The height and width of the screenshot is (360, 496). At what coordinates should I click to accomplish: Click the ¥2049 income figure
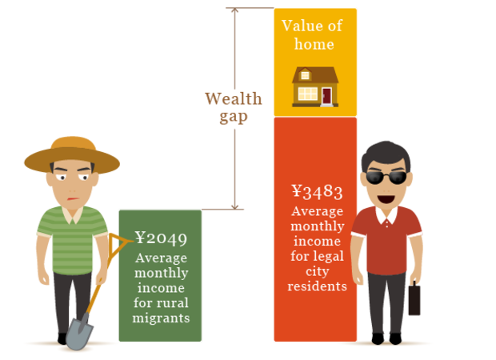[161, 238]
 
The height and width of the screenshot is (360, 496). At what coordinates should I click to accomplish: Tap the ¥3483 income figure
[317, 191]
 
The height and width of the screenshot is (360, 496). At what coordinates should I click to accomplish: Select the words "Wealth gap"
[233, 107]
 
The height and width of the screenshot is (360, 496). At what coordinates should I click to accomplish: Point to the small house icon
[314, 86]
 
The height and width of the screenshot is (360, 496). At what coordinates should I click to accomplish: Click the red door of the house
[326, 97]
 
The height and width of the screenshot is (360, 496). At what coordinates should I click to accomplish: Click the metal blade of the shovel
[79, 330]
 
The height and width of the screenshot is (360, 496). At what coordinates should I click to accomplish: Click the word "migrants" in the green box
[161, 318]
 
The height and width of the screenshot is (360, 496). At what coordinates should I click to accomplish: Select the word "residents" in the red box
[318, 286]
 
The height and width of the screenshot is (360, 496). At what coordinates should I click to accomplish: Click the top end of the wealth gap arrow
[235, 10]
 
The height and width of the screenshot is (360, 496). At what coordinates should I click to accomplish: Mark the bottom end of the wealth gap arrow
[235, 207]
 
